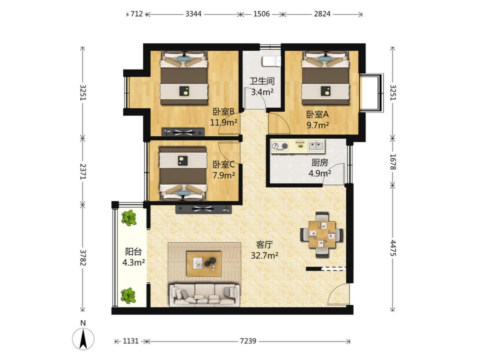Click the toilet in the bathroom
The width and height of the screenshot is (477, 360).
(271, 61)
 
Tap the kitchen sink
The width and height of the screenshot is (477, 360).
(316, 145)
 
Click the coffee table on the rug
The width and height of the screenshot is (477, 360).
(204, 264)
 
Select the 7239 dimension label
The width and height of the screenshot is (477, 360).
(248, 341)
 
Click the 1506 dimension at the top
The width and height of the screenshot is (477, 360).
(261, 14)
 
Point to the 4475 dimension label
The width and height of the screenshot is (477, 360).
(393, 248)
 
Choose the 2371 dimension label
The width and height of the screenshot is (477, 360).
(83, 171)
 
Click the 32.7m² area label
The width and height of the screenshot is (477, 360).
(264, 255)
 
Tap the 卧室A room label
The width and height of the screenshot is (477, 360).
(317, 114)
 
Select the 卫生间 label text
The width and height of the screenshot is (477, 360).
(262, 81)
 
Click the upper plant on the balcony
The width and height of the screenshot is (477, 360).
(129, 218)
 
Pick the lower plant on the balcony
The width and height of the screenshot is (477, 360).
(129, 296)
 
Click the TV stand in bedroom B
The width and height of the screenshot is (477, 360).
(183, 132)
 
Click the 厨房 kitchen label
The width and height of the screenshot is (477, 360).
(319, 163)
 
